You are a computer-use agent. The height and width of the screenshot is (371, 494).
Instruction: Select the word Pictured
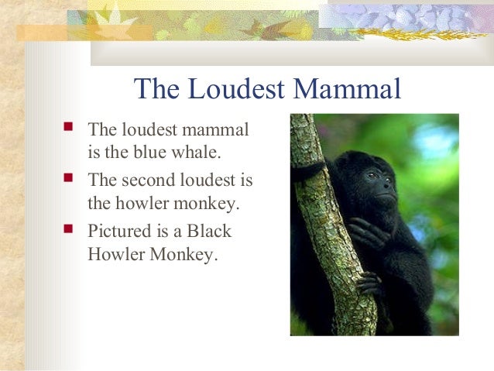120,232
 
